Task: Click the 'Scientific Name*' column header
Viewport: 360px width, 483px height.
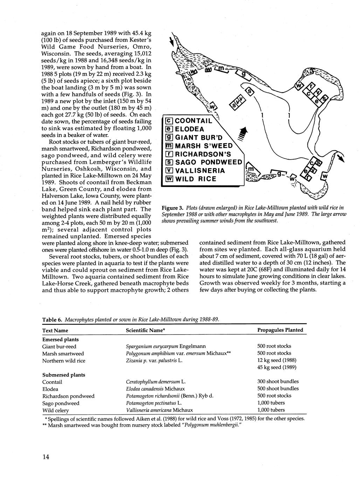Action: [x=145, y=330]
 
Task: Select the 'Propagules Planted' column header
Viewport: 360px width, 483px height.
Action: [x=280, y=330]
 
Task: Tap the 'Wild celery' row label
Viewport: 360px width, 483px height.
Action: [x=56, y=410]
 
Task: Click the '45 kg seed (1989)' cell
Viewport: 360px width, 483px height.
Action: [x=277, y=367]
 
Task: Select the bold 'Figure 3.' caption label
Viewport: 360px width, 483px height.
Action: [x=172, y=209]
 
